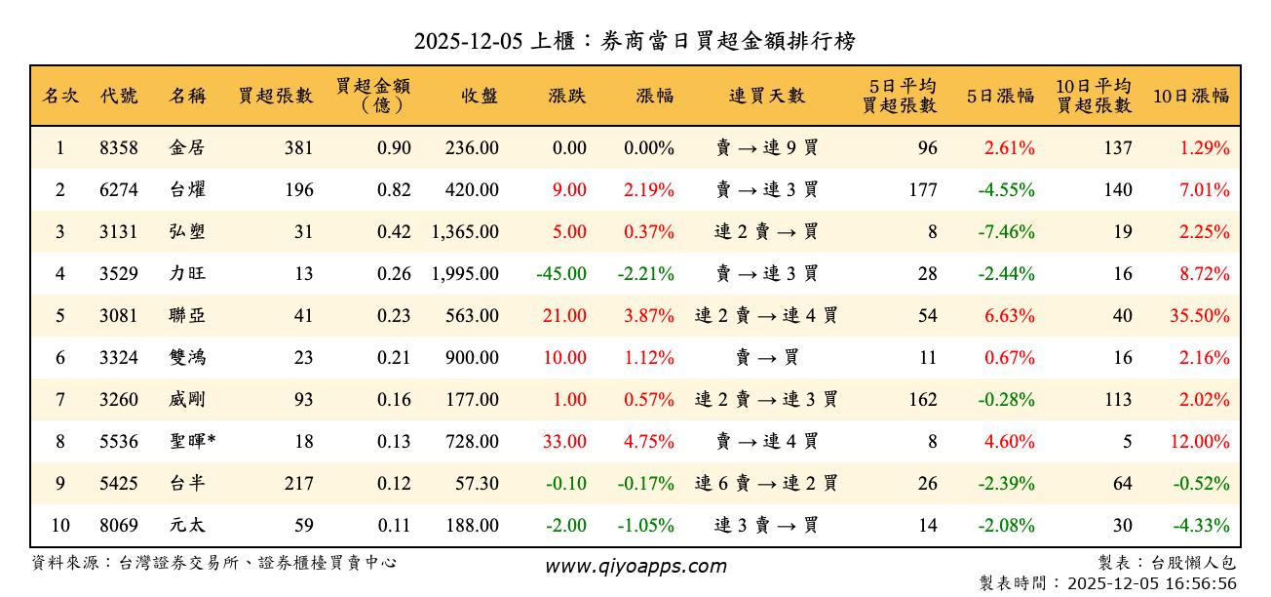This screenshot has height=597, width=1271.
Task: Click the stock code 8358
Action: (118, 148)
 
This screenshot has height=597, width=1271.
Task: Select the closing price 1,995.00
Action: (465, 274)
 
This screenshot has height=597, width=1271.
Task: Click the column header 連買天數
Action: (766, 96)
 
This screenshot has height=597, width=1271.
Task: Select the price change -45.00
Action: (561, 274)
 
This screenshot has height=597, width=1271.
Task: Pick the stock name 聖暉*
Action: (192, 442)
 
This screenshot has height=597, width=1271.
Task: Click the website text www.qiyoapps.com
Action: (635, 567)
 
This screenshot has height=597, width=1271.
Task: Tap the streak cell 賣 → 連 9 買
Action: (766, 148)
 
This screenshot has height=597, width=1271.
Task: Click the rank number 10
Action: (59, 526)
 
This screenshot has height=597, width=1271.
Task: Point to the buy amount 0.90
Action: (394, 148)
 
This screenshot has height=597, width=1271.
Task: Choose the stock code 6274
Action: (118, 190)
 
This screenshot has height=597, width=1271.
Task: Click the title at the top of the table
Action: (635, 41)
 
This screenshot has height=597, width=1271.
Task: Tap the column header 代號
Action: (118, 96)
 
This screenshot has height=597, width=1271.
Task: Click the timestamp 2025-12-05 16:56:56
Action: (1151, 583)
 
